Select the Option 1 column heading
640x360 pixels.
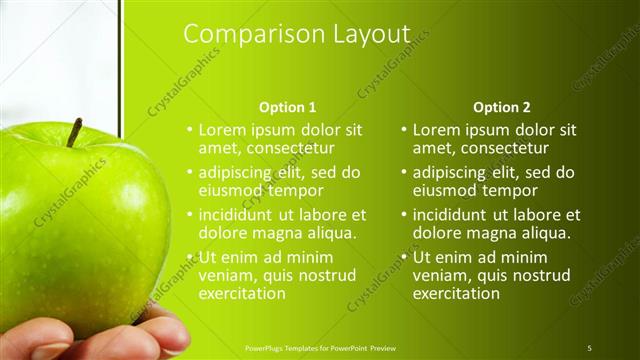pos(287,107)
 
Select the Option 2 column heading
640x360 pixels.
pos(502,107)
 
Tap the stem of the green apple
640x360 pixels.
pos(74,132)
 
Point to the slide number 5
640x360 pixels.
pos(589,347)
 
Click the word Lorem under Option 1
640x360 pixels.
pos(222,130)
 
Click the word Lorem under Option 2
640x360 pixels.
pos(436,130)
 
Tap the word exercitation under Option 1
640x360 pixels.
pos(243,294)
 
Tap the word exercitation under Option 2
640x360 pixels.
pos(457,294)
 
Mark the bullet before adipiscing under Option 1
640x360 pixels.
pos(190,173)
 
